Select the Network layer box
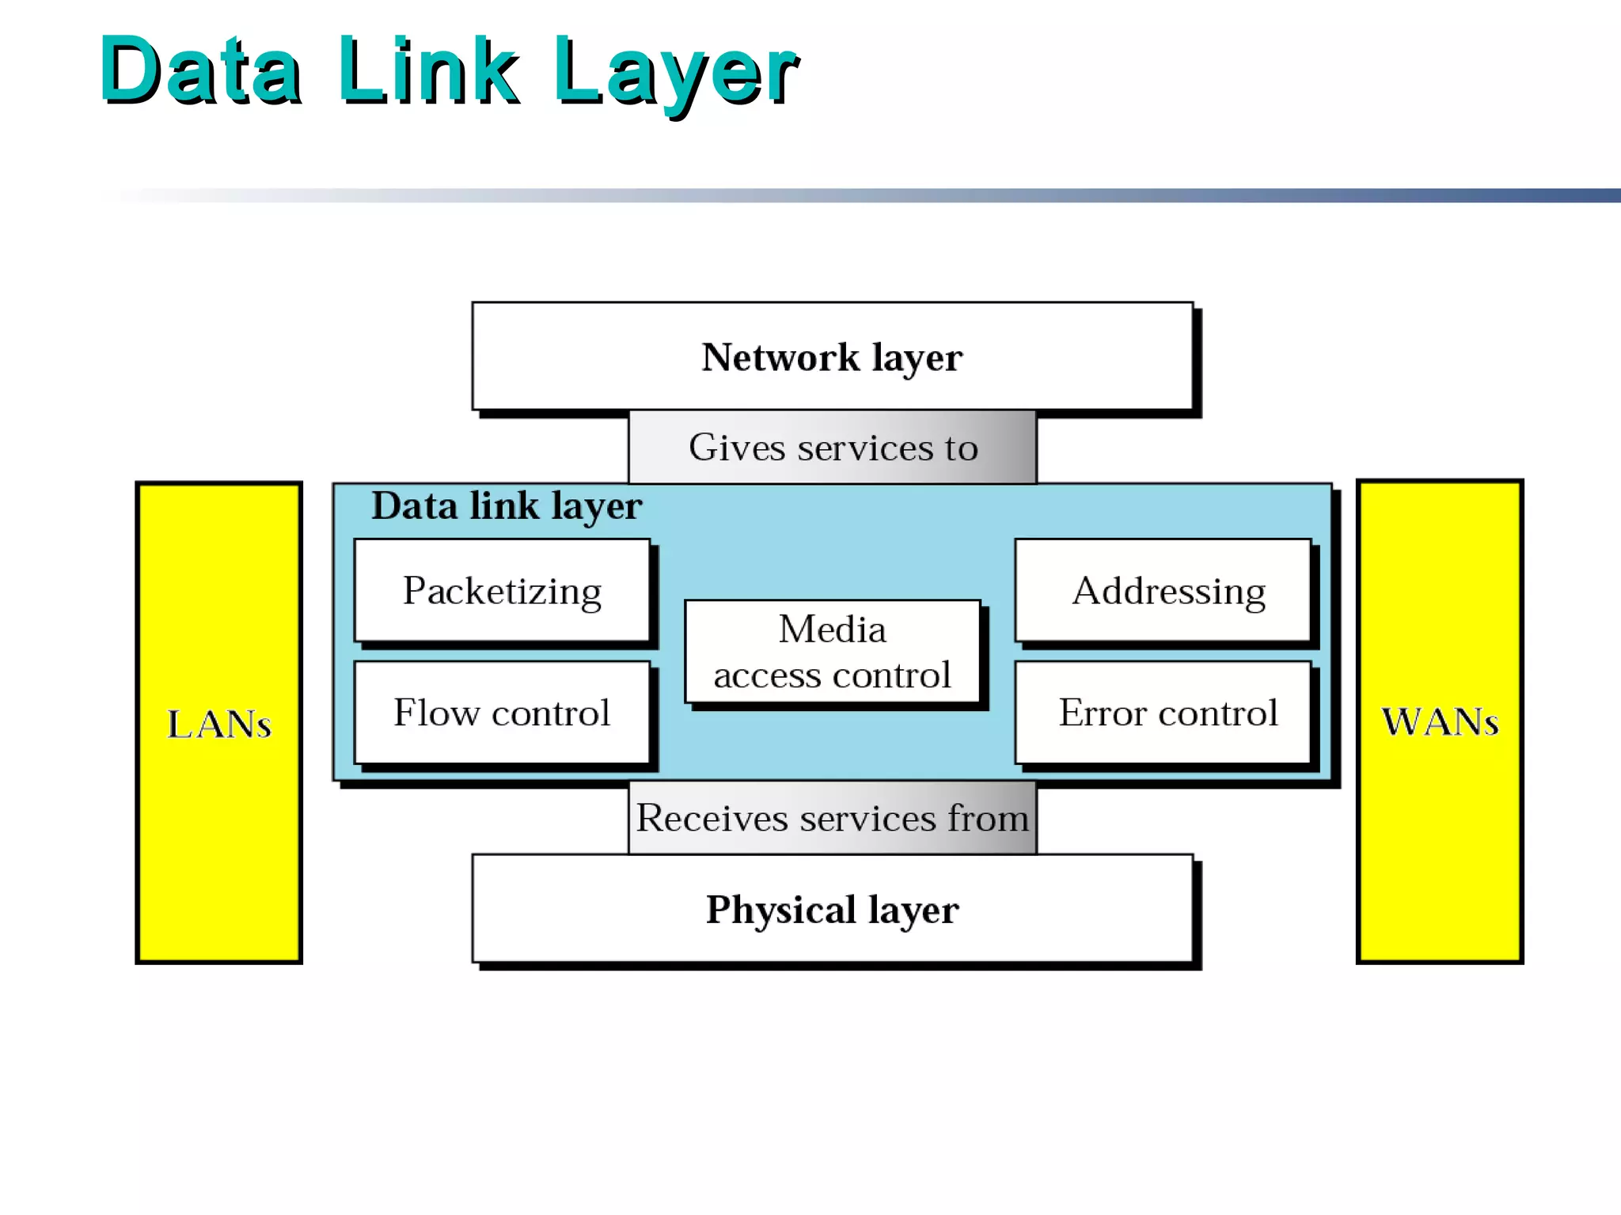click(832, 357)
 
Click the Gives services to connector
click(832, 448)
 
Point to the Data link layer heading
click(507, 506)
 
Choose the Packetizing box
click(502, 591)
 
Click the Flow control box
click(502, 713)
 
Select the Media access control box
click(832, 652)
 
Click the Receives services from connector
click(832, 818)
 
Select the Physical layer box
click(832, 909)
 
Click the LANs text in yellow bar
click(219, 724)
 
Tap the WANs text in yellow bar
click(1440, 721)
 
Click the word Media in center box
click(832, 630)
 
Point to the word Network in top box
click(780, 357)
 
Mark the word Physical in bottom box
click(780, 909)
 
